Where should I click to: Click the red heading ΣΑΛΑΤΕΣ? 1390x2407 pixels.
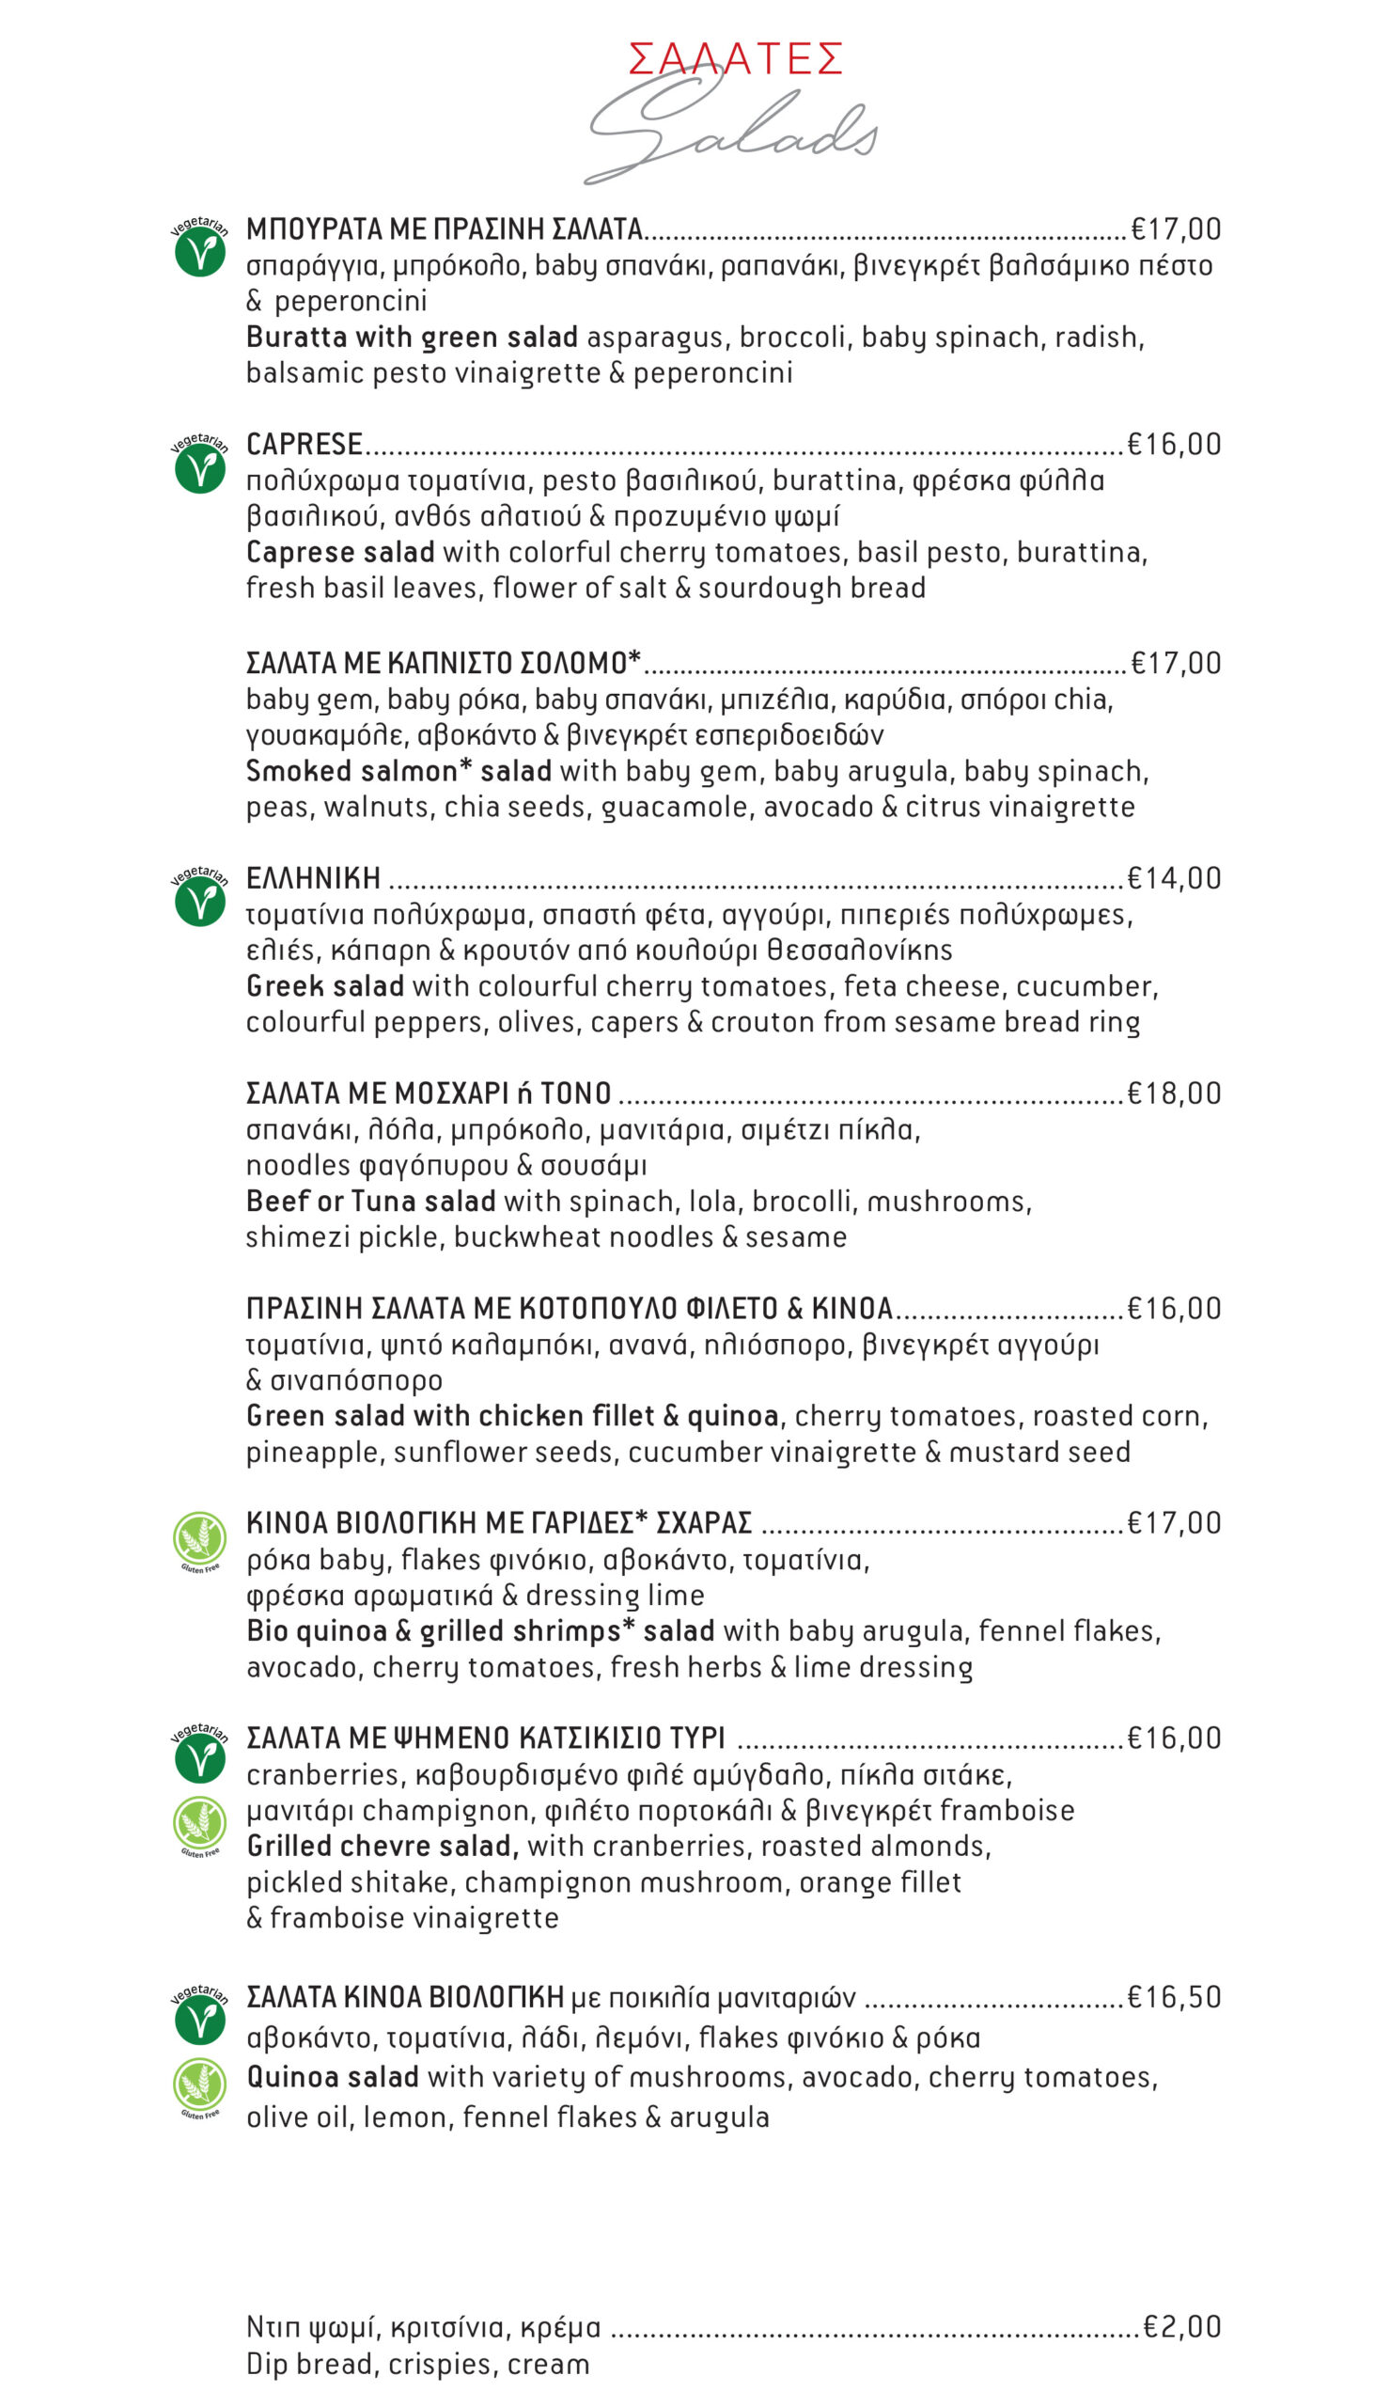pyautogui.click(x=734, y=59)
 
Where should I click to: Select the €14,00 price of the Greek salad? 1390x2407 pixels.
pyautogui.click(x=1173, y=878)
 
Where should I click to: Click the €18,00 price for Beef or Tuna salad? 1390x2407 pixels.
pyautogui.click(x=1173, y=1093)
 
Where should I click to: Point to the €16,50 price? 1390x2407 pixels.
pyautogui.click(x=1173, y=1996)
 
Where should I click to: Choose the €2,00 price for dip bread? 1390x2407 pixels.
pyautogui.click(x=1182, y=2327)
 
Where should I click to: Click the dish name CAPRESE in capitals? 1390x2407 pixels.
pyautogui.click(x=304, y=444)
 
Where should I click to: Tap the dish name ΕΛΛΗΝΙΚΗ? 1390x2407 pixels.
pyautogui.click(x=313, y=878)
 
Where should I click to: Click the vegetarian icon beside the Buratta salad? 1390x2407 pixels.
pyautogui.click(x=199, y=248)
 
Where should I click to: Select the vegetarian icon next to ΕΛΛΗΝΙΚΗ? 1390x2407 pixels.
pyautogui.click(x=199, y=898)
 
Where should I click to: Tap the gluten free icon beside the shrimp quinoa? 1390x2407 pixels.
pyautogui.click(x=199, y=1540)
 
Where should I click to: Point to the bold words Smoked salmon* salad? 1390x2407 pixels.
pyautogui.click(x=398, y=770)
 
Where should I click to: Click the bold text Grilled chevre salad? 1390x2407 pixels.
pyautogui.click(x=381, y=1846)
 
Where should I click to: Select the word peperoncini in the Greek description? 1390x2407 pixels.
pyautogui.click(x=351, y=301)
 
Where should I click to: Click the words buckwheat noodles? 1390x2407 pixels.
pyautogui.click(x=583, y=1237)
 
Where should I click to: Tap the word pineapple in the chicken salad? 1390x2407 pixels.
pyautogui.click(x=314, y=1453)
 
